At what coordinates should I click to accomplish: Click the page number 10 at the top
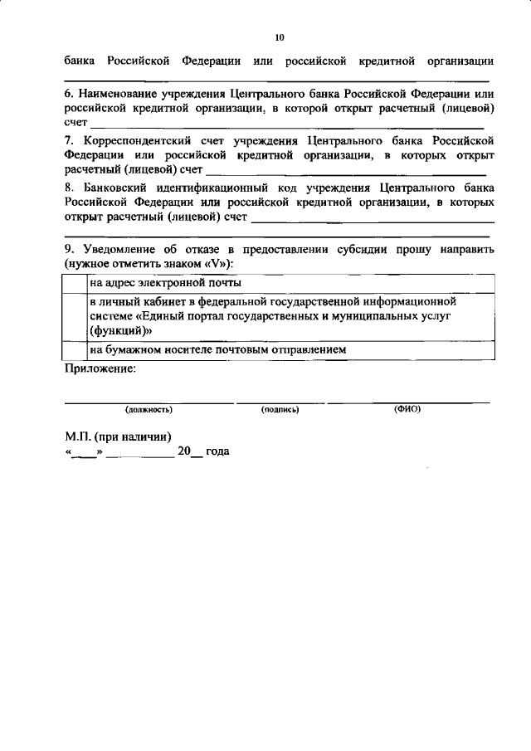click(x=279, y=37)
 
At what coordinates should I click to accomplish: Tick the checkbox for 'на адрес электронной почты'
click(x=76, y=284)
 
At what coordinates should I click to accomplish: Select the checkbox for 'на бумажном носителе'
click(x=76, y=349)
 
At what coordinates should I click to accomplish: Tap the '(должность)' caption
click(x=149, y=410)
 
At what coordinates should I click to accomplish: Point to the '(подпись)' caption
click(x=280, y=410)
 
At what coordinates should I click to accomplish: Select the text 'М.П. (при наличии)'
click(x=119, y=436)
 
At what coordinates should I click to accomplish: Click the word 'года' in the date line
click(x=217, y=452)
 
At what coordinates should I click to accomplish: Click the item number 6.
click(x=70, y=95)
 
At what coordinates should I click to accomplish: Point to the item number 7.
click(x=70, y=142)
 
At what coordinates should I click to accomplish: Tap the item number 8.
click(x=70, y=188)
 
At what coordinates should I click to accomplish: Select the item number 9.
click(x=70, y=249)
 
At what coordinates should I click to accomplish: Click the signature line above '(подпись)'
click(x=280, y=402)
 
